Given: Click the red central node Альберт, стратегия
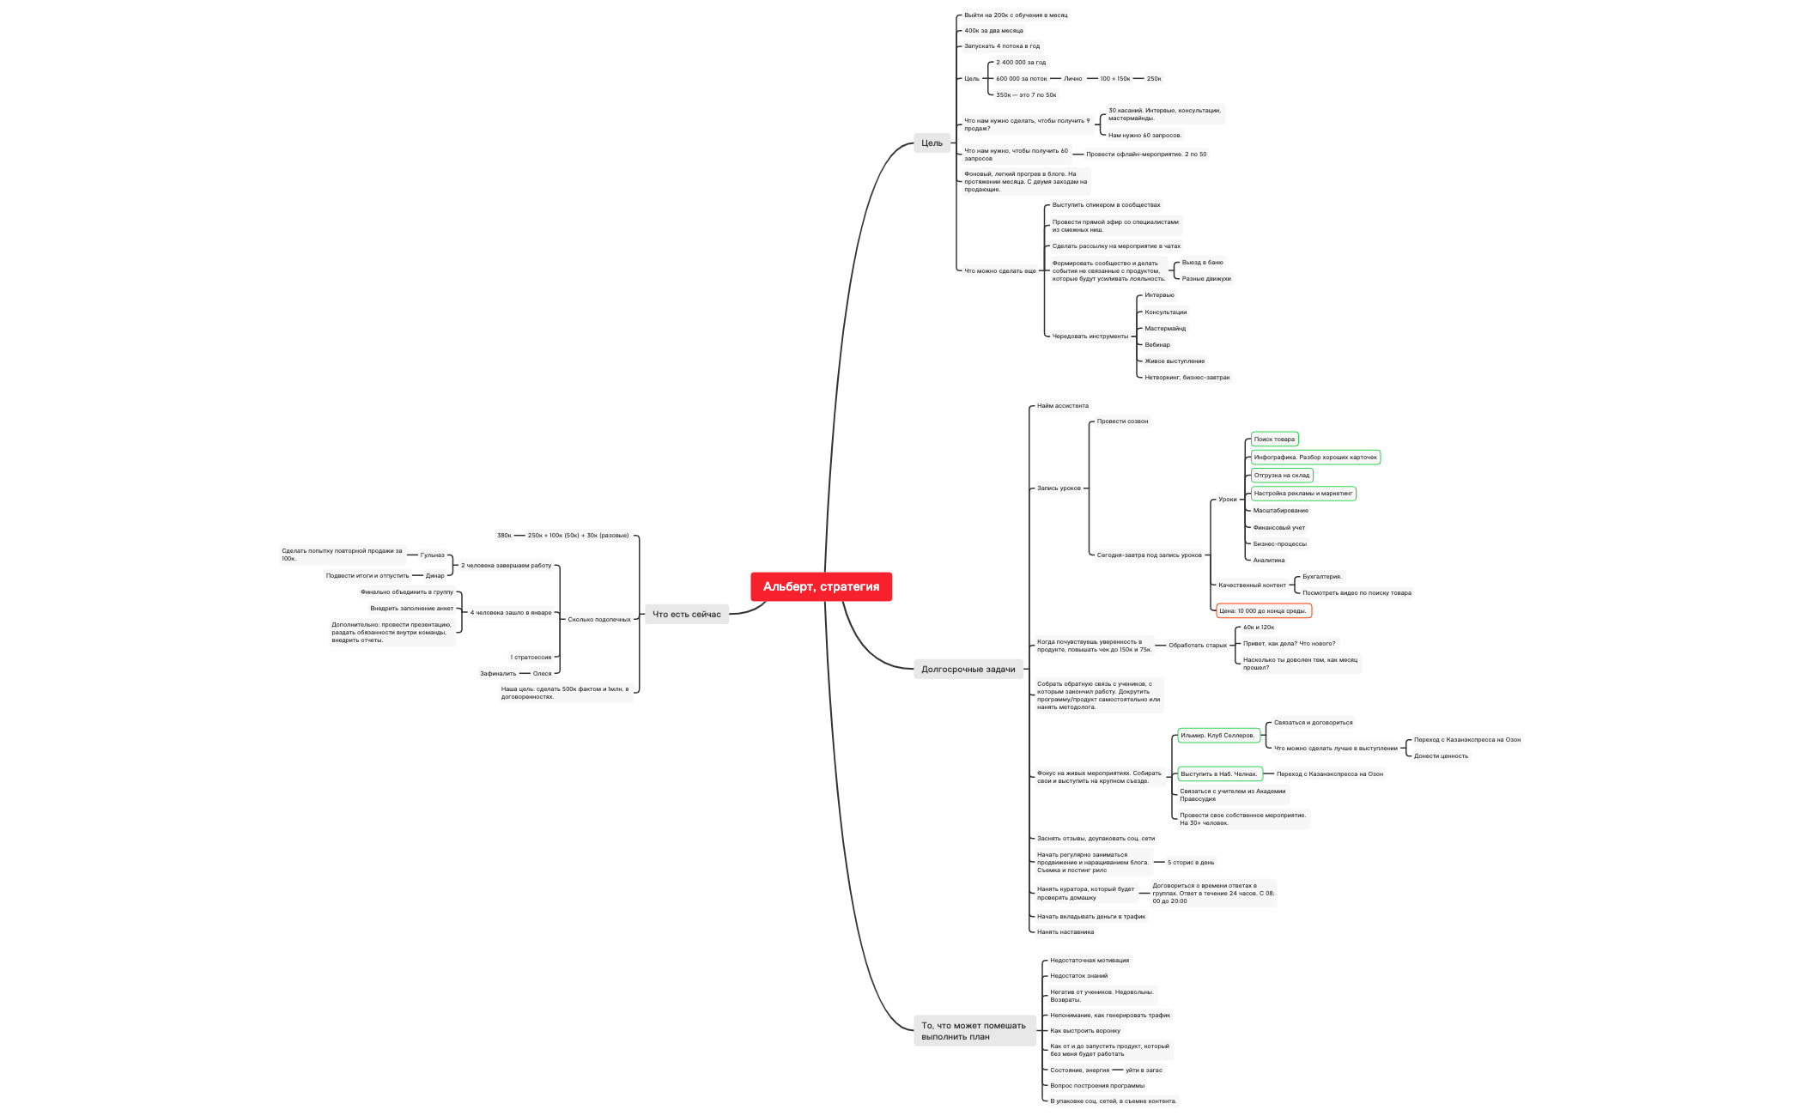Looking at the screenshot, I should click(821, 586).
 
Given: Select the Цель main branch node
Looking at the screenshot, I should click(932, 143).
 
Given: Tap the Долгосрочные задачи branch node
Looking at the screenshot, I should click(968, 669).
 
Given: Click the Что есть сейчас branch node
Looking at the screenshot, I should click(686, 614).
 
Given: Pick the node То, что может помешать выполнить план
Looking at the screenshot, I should click(974, 1031).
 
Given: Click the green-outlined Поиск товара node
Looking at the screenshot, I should click(1274, 439).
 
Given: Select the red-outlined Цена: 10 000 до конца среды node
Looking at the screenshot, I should click(1263, 610).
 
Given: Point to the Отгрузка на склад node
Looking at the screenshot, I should click(1281, 475).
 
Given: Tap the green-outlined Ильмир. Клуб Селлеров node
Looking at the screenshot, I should click(1217, 735).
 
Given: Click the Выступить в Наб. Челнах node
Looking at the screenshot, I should click(1218, 773).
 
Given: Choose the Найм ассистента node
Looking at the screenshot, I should click(1062, 405).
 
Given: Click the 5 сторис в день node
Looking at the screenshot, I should click(1190, 862).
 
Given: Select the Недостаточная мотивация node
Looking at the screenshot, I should click(1089, 960).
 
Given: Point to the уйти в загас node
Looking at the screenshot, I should click(1144, 1070).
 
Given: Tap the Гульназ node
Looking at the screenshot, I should click(432, 555).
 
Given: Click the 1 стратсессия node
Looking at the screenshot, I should click(531, 657).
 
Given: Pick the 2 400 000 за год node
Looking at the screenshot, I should click(1021, 62).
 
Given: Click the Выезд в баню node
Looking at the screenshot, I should click(1202, 262).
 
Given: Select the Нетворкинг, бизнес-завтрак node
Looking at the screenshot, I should click(1187, 377).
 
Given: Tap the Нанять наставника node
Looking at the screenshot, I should click(1065, 931).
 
